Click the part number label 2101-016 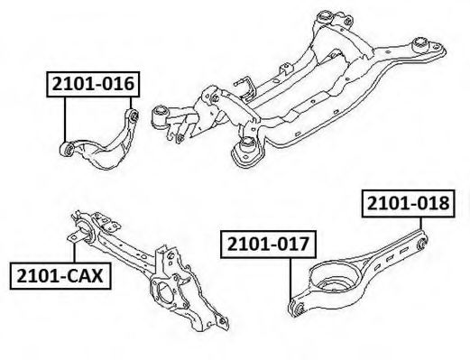(x=94, y=85)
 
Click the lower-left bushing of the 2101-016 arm (x=69, y=147)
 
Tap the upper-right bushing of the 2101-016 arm (x=133, y=115)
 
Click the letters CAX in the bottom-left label (x=80, y=274)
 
